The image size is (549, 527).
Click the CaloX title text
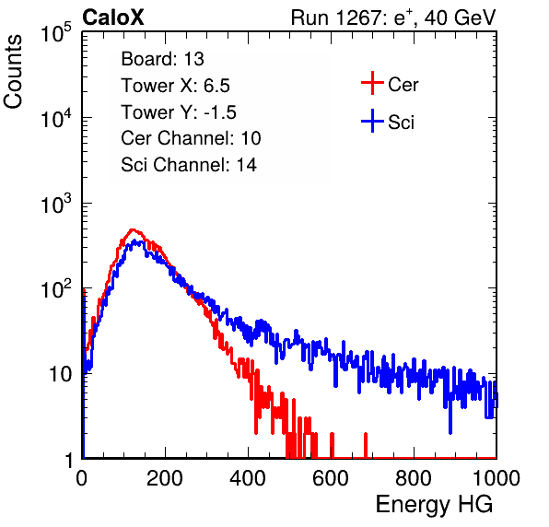click(113, 18)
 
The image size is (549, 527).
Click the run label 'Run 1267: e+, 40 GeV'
click(393, 18)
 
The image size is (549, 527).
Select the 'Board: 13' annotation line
click(162, 58)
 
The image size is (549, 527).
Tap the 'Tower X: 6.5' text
click(175, 85)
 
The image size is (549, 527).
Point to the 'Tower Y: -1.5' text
click(179, 111)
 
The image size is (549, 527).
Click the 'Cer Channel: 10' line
click(191, 138)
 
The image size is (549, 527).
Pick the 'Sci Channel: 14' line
click(189, 165)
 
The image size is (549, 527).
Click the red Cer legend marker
click(372, 83)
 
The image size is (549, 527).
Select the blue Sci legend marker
click(372, 121)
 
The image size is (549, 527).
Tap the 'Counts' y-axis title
click(13, 72)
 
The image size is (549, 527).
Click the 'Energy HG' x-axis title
click(434, 505)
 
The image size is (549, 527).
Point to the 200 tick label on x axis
click(165, 478)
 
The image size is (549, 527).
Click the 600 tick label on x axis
click(331, 478)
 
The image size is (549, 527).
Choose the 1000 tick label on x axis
click(496, 478)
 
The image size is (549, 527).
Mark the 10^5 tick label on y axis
click(56, 33)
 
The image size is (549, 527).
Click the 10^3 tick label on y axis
click(56, 205)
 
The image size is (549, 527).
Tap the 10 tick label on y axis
click(60, 374)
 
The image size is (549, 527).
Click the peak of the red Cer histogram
click(133, 229)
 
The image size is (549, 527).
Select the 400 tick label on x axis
click(248, 478)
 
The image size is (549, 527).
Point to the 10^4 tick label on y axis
click(56, 119)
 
